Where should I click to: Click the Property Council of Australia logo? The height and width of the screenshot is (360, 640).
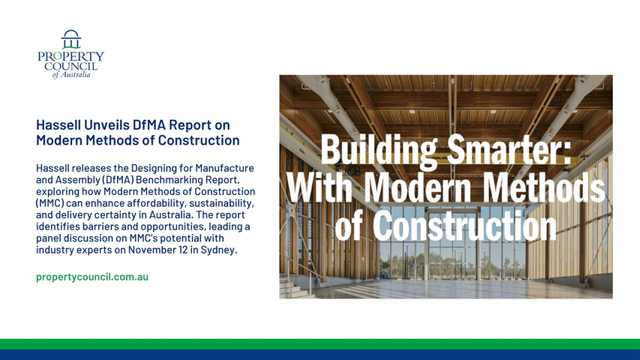coord(71,54)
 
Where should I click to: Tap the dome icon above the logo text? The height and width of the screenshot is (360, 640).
coord(71,39)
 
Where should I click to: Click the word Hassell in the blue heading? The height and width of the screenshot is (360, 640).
coord(59,124)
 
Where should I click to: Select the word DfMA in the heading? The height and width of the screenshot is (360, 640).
coord(150,124)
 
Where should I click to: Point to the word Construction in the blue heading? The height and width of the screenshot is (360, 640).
coord(199,140)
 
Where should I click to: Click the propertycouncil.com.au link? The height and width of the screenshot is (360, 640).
coord(92,277)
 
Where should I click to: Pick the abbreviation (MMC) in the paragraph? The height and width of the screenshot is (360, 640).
coord(50,202)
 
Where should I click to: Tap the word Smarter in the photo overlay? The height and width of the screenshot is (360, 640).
coord(509,150)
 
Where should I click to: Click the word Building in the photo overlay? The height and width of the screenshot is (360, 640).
coord(379,150)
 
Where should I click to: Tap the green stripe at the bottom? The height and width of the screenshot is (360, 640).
coord(320,344)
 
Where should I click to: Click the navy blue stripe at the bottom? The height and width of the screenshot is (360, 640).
coord(320,355)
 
